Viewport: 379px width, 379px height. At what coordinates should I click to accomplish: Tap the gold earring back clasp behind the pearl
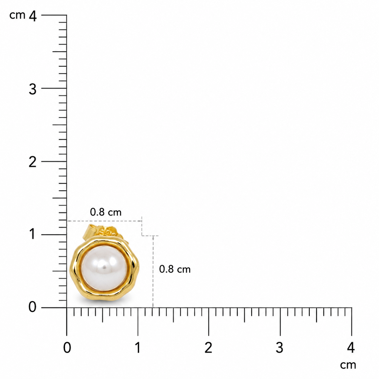102,232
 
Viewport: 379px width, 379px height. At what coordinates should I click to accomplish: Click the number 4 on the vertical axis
33,16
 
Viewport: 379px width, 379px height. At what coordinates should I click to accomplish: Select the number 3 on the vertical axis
32,89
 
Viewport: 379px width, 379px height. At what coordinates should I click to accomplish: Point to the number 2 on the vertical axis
32,162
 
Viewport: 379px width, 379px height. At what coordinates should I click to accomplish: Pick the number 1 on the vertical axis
33,234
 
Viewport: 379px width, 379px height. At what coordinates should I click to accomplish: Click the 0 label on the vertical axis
32,307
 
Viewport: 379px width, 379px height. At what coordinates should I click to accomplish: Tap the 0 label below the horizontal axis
67,348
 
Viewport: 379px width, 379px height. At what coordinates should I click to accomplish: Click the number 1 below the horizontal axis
138,348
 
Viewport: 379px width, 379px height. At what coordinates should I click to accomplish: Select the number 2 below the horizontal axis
208,348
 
